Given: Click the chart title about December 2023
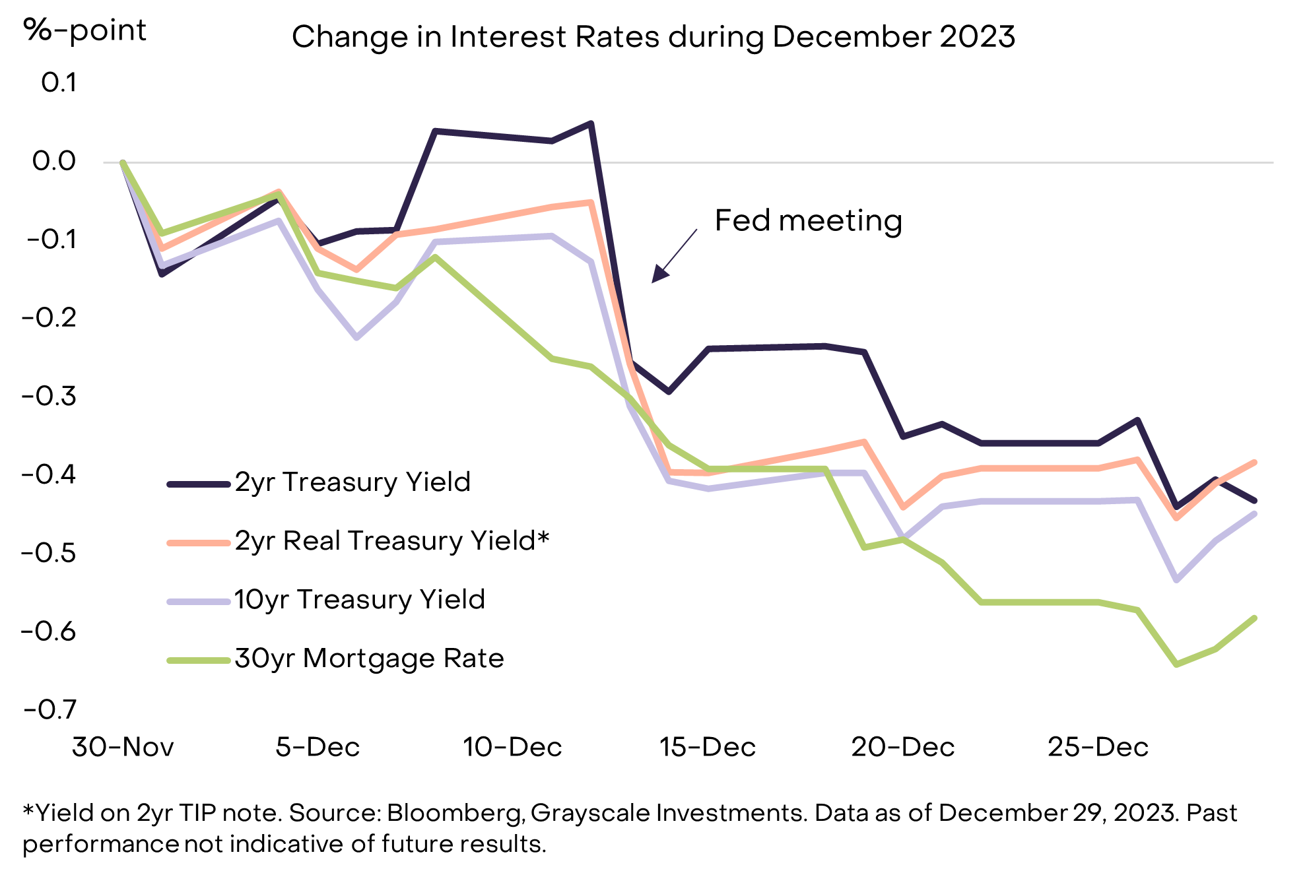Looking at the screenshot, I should (653, 37).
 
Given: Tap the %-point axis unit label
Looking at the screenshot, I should (84, 30).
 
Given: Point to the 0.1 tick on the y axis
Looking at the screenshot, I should (59, 83).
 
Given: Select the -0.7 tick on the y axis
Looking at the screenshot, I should (50, 710).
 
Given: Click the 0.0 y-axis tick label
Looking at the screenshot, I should (54, 161).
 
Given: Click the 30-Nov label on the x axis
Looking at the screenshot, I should (123, 748).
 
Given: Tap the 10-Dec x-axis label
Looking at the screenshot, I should (512, 748).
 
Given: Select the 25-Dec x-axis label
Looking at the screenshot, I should (1098, 748).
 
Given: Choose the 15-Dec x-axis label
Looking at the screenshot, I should (708, 748).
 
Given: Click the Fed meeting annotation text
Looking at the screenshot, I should (808, 220).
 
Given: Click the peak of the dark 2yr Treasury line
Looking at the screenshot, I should (591, 123).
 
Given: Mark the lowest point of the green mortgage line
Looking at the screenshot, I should (1176, 664).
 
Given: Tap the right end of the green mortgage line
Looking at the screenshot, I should (1254, 618).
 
